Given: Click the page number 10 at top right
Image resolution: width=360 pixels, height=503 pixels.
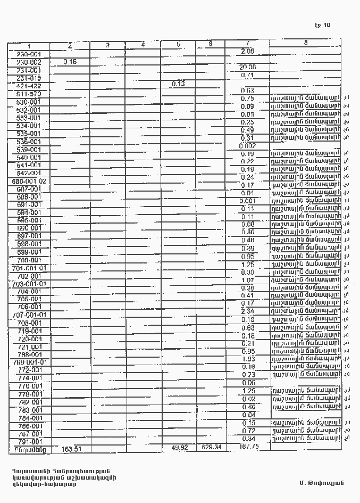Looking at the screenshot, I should [323, 25].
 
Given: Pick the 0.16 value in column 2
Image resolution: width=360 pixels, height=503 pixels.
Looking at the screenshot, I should [70, 62].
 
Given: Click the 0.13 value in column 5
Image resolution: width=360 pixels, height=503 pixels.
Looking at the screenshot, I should [178, 83].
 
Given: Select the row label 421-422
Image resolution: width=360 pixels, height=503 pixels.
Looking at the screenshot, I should [29, 86].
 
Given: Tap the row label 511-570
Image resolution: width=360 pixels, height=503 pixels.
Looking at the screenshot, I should [29, 94].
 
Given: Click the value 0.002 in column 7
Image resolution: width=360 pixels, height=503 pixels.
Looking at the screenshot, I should [247, 146].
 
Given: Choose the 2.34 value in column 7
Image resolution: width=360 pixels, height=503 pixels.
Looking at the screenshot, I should [247, 311].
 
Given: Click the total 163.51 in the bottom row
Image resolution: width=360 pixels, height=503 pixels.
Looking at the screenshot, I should [72, 449].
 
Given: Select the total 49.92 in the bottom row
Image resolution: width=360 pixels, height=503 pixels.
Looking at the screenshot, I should [178, 448].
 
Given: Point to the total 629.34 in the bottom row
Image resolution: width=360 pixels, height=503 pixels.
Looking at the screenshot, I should [211, 447].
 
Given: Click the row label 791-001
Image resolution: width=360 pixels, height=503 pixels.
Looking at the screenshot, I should [29, 442].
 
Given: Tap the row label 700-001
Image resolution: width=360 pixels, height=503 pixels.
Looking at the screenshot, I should [29, 260].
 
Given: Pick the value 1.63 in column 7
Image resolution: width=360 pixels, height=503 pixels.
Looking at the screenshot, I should [247, 359].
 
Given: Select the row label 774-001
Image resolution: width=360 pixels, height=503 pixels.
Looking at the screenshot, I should [29, 378].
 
